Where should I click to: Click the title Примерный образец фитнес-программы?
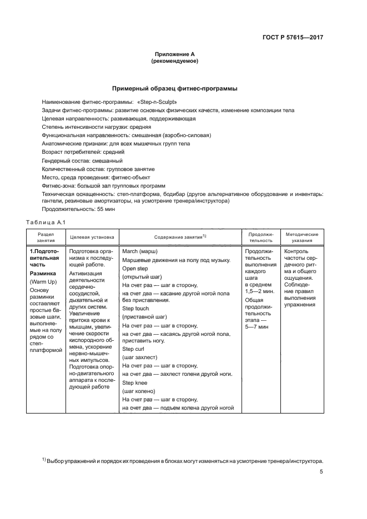coord(175,88)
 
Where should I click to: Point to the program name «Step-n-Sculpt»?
coord(157,102)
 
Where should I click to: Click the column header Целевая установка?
coord(92,237)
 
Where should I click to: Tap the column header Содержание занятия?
coord(177,237)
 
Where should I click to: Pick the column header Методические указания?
coord(301,237)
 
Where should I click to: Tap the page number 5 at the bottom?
coord(321,472)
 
